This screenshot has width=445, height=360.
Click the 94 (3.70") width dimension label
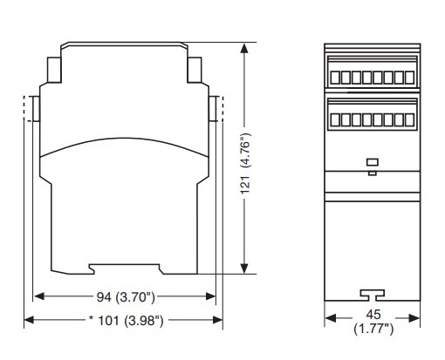[126, 297]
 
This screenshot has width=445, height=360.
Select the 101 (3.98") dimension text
[131, 321]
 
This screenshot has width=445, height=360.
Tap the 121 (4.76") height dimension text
[245, 164]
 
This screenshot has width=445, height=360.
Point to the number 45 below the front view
[373, 315]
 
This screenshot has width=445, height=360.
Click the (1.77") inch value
[373, 329]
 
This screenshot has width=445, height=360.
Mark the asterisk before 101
[92, 319]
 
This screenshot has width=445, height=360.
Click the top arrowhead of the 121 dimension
[244, 48]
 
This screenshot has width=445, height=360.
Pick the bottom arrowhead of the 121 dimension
[244, 268]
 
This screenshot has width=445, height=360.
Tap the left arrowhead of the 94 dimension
[39, 296]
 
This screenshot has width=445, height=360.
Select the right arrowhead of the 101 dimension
[218, 320]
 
